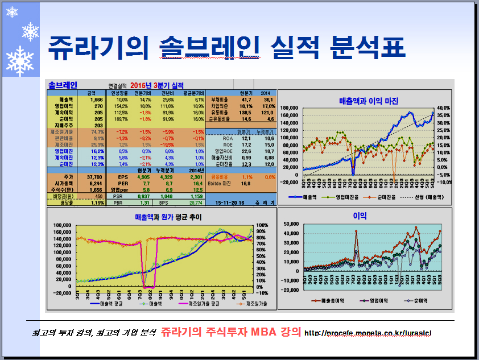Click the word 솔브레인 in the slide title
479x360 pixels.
203,48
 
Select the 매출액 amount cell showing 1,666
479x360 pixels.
95,100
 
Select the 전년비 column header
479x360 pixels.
167,93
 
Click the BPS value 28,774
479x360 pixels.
195,202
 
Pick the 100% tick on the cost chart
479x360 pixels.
262,225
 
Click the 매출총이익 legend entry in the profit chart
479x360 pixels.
326,300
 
